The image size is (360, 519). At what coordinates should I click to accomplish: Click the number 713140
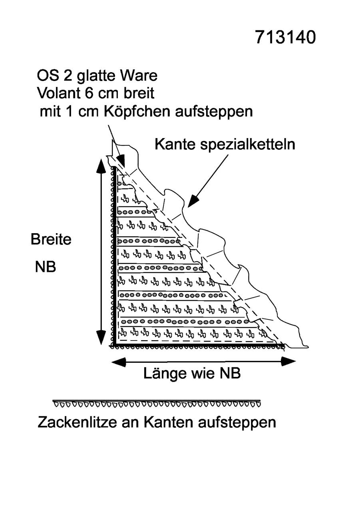285,37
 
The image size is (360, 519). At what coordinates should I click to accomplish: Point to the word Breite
51,239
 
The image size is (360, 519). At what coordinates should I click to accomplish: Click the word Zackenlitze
77,422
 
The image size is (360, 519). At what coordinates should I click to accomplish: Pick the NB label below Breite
46,266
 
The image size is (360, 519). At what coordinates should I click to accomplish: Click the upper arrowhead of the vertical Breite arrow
101,166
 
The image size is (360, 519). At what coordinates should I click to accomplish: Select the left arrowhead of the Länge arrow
119,362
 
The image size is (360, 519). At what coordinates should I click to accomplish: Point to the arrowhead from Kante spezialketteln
193,201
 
